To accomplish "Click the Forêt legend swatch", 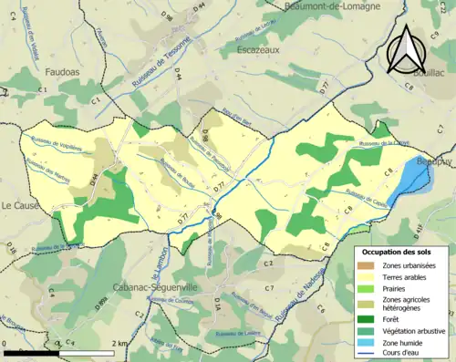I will pyautogui.click(x=371, y=318).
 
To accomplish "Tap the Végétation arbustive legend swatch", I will pyautogui.click(x=371, y=330).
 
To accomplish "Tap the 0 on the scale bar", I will pyautogui.click(x=5, y=343).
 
